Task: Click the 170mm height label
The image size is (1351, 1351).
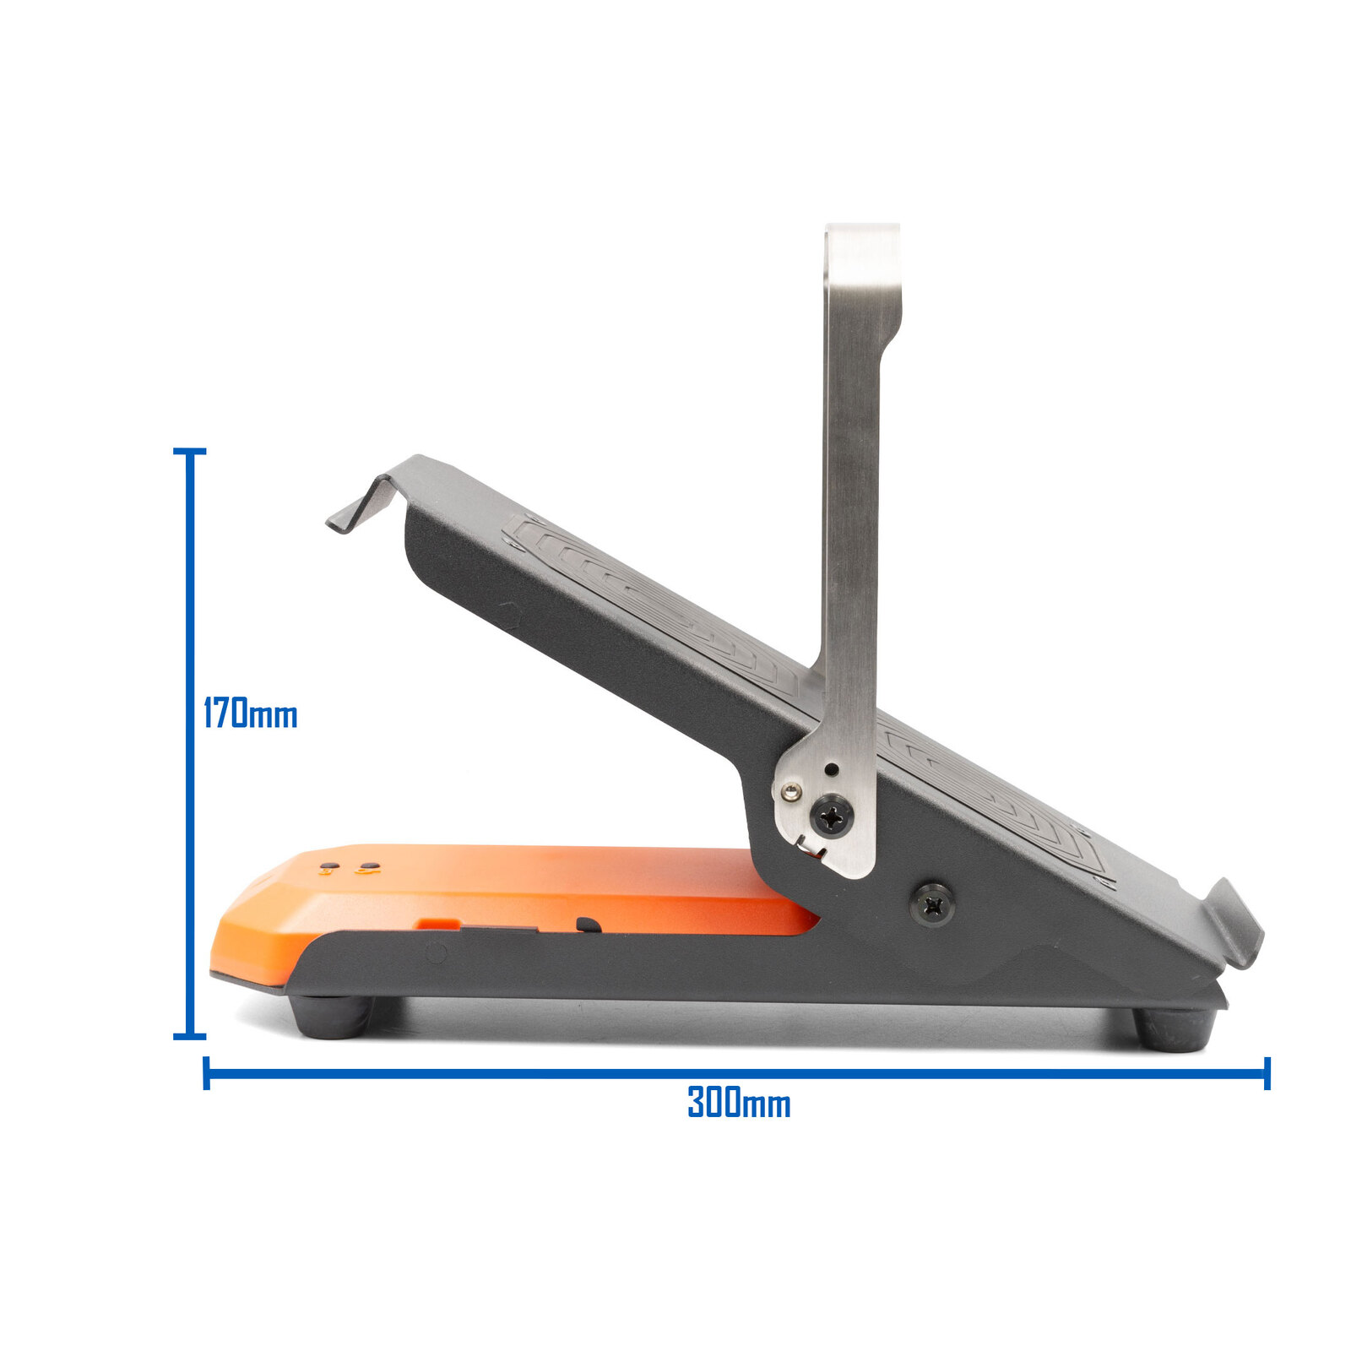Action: point(250,714)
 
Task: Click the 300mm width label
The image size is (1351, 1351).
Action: point(739,1103)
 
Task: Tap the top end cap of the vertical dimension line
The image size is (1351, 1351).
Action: point(189,452)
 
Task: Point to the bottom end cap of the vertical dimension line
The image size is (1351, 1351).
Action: point(189,1035)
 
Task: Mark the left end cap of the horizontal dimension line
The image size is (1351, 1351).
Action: point(206,1073)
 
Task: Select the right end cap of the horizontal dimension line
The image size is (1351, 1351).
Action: point(1267,1073)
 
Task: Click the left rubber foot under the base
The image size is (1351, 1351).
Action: point(331,1017)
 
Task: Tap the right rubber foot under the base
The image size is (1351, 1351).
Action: point(1174,1029)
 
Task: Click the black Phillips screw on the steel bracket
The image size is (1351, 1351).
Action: point(831,816)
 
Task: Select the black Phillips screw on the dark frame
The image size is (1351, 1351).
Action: point(932,906)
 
